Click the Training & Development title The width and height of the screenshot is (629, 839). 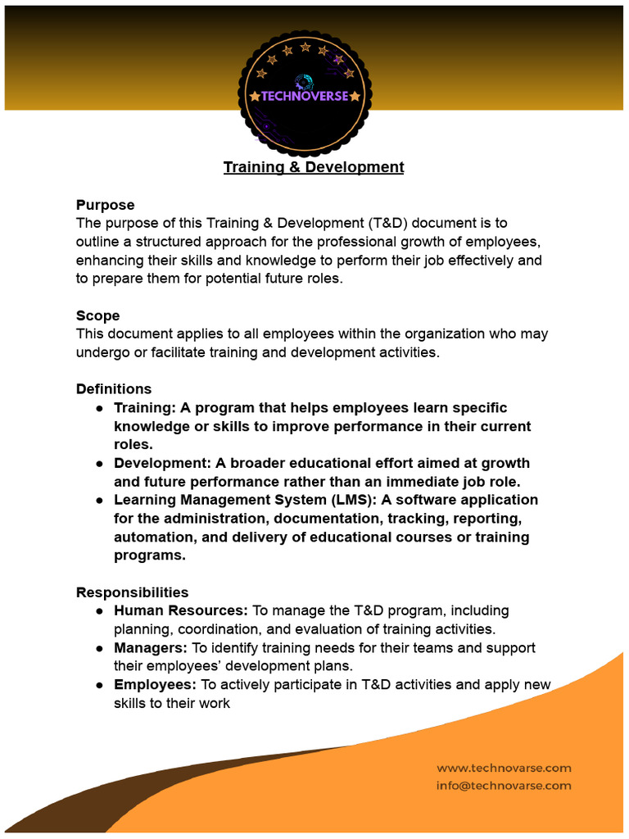[x=314, y=167]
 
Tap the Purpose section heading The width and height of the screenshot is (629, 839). [x=105, y=205]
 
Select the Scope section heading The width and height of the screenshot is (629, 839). [x=97, y=315]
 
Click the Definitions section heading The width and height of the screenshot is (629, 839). [x=113, y=388]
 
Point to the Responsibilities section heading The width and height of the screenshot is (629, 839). [x=132, y=592]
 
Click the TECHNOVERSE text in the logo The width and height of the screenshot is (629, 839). [x=305, y=97]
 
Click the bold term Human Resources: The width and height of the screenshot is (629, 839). [x=180, y=610]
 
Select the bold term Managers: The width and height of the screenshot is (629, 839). [x=151, y=647]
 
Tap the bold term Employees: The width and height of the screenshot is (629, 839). [x=155, y=684]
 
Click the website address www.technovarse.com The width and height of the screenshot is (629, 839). [x=504, y=768]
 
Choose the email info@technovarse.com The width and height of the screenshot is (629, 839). [x=504, y=785]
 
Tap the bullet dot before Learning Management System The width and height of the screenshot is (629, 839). [x=99, y=500]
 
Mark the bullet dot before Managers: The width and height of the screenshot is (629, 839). [x=99, y=648]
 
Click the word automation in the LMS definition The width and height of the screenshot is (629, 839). [x=152, y=537]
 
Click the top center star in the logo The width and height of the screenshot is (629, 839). [x=305, y=46]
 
